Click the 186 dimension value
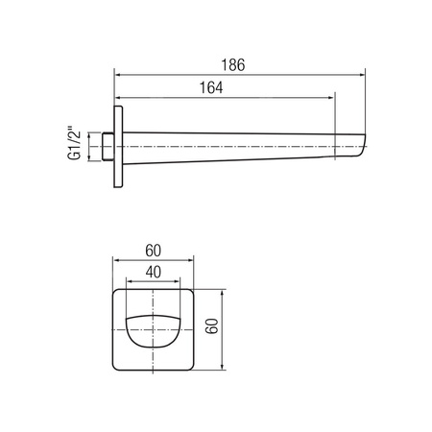(233, 65)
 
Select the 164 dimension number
(211, 87)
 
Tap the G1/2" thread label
(74, 146)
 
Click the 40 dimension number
(154, 272)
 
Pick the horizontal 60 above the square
(154, 251)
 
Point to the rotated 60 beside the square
(212, 326)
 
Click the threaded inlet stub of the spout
(108, 146)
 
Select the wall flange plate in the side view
(118, 147)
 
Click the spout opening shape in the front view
(154, 331)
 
